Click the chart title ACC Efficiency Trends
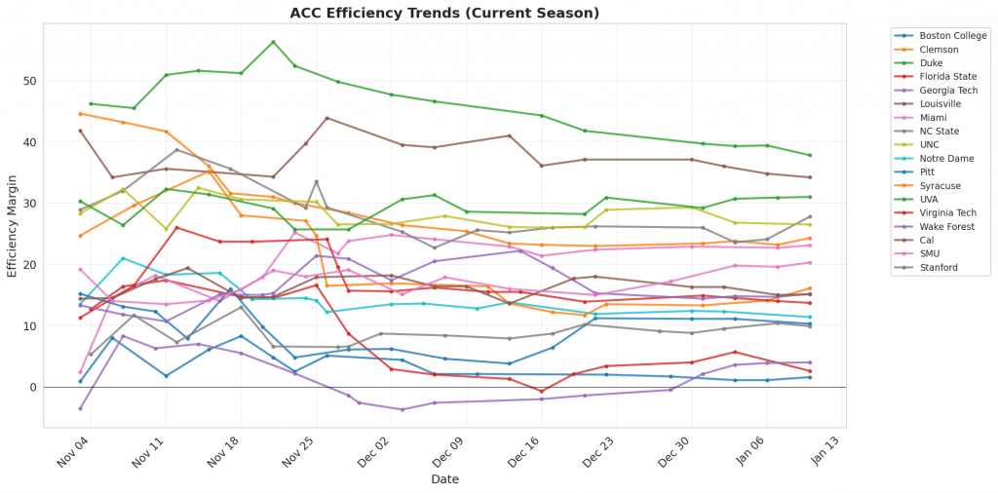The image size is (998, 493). tap(444, 13)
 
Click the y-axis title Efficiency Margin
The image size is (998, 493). tap(13, 225)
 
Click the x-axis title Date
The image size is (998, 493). tap(445, 479)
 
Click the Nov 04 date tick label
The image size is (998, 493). tap(74, 451)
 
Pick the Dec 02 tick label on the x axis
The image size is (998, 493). tap(375, 451)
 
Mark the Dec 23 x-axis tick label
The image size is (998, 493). tap(601, 451)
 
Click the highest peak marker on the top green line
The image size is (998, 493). tap(273, 42)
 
